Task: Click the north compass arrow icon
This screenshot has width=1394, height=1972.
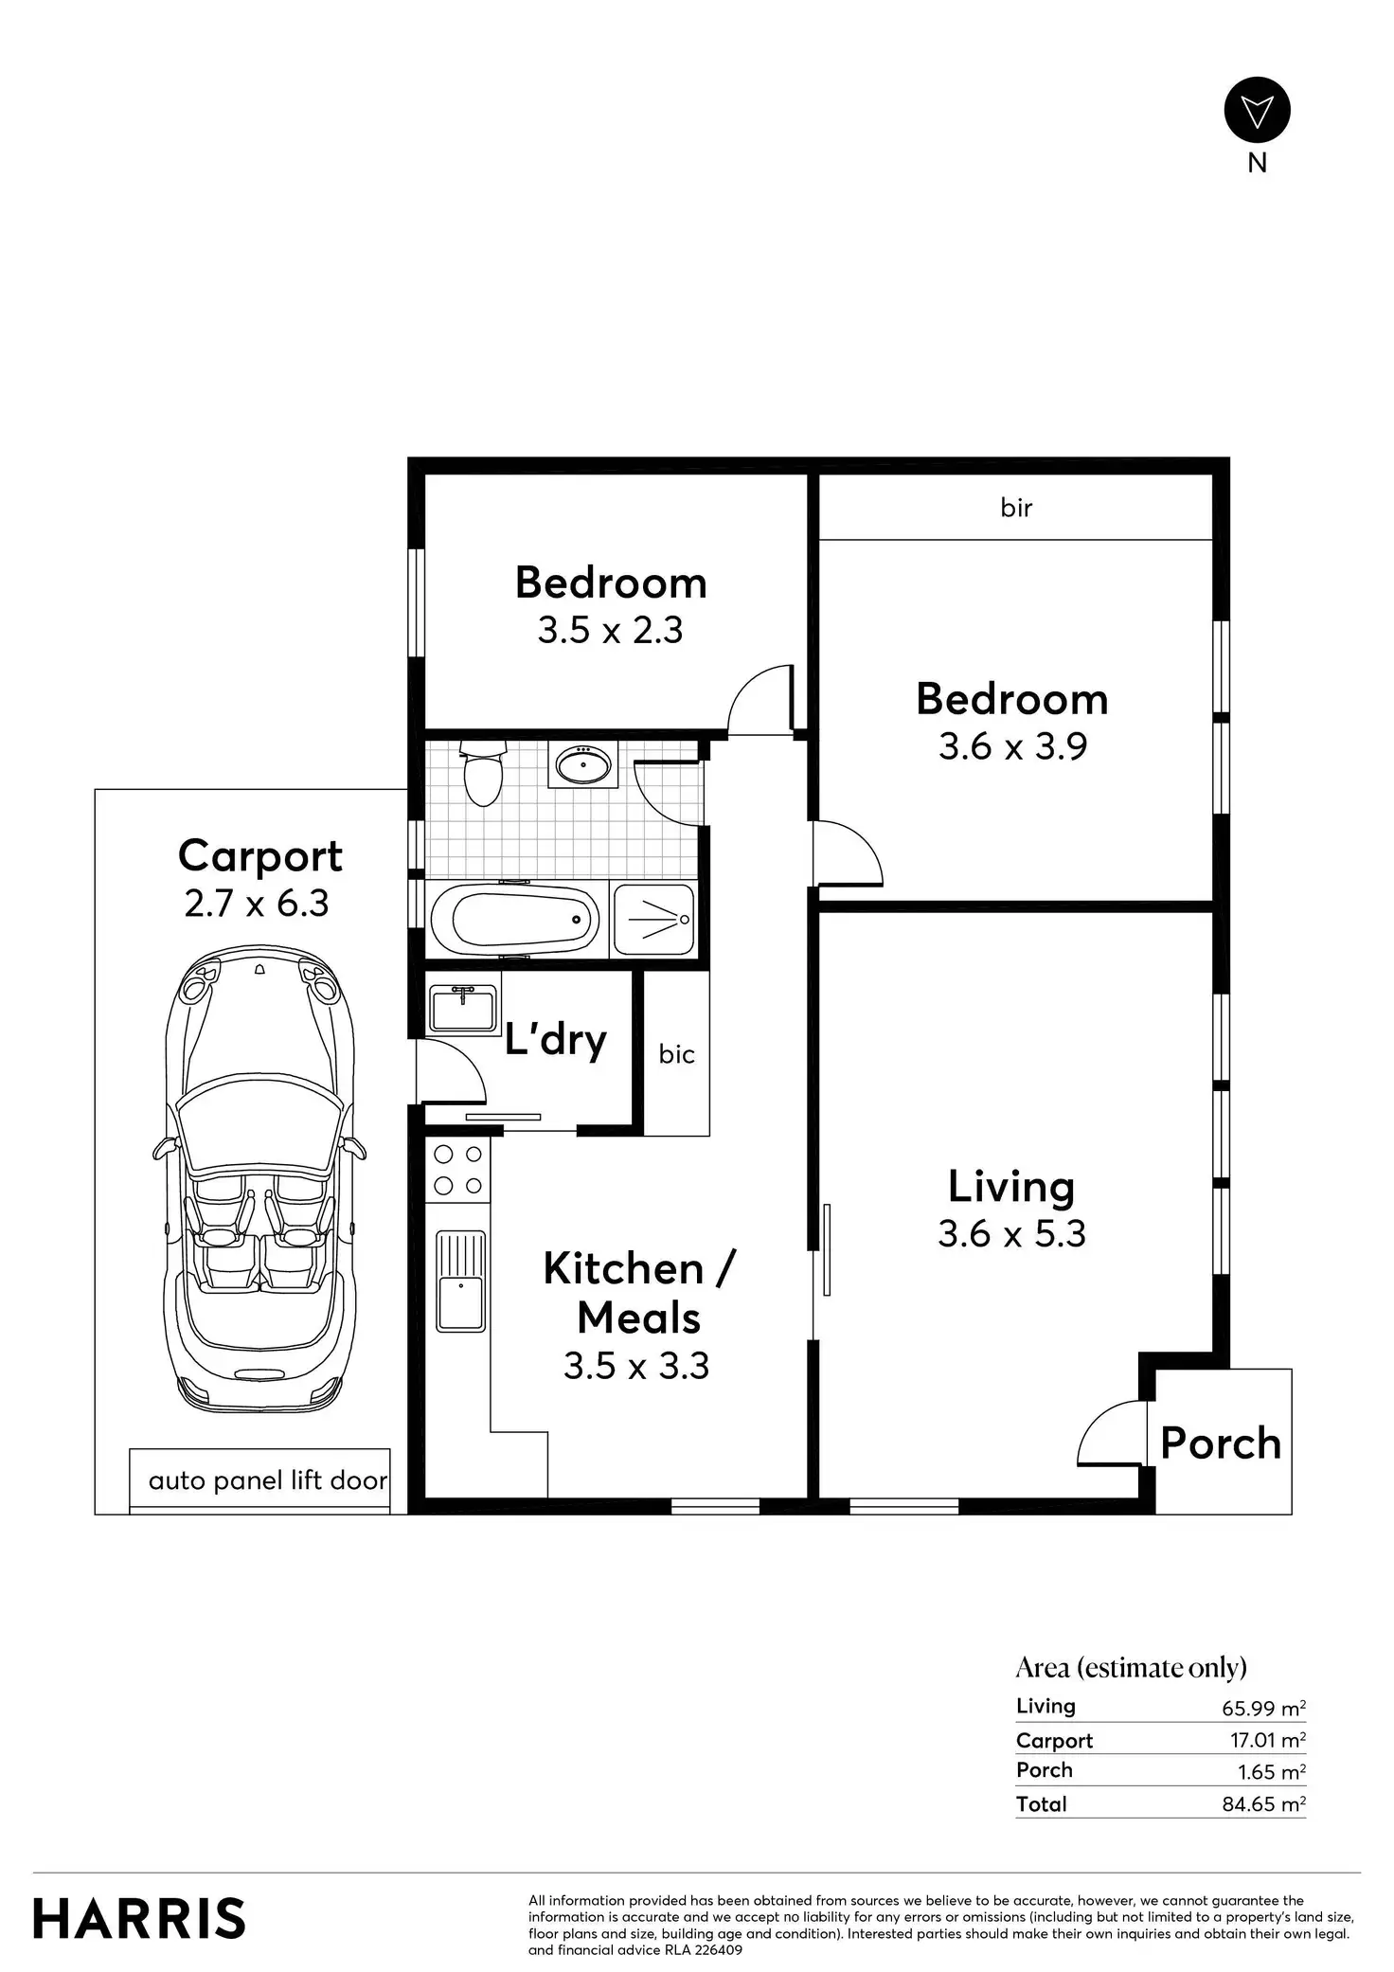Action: click(1257, 110)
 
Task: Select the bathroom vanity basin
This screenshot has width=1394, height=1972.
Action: click(582, 763)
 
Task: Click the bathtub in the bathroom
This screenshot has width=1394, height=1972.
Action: click(515, 919)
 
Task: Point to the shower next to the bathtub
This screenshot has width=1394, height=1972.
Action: click(653, 919)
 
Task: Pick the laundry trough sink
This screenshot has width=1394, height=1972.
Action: click(463, 1008)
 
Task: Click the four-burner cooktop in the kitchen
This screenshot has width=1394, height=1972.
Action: click(457, 1170)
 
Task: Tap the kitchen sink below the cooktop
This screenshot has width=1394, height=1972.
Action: click(461, 1281)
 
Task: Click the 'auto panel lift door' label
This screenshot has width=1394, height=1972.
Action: click(268, 1480)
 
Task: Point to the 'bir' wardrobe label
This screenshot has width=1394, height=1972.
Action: click(1016, 508)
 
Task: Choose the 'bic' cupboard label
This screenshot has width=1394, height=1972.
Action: click(677, 1054)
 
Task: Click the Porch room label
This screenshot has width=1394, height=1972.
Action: click(1221, 1443)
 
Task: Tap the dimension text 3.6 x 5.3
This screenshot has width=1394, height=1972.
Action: click(1011, 1233)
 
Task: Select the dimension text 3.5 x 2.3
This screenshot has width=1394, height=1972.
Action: click(611, 630)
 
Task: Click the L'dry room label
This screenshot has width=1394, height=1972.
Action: click(555, 1040)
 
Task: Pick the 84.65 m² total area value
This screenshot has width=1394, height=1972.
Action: click(1264, 1803)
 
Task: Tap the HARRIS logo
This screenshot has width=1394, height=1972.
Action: click(139, 1918)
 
